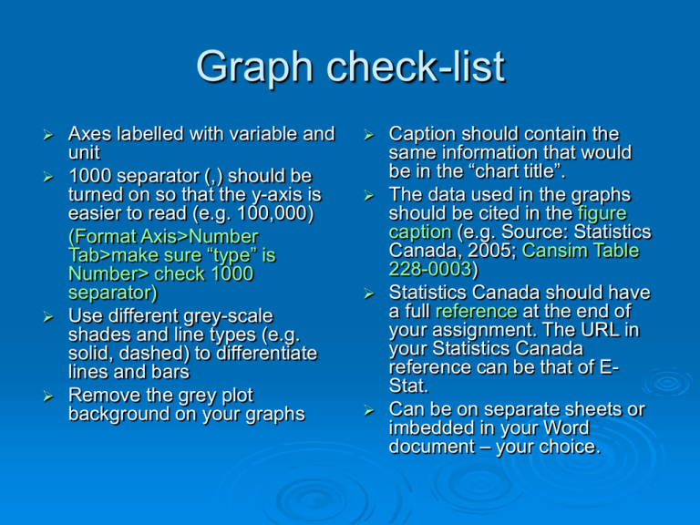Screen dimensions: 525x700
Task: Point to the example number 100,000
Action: pyautogui.click(x=274, y=213)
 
